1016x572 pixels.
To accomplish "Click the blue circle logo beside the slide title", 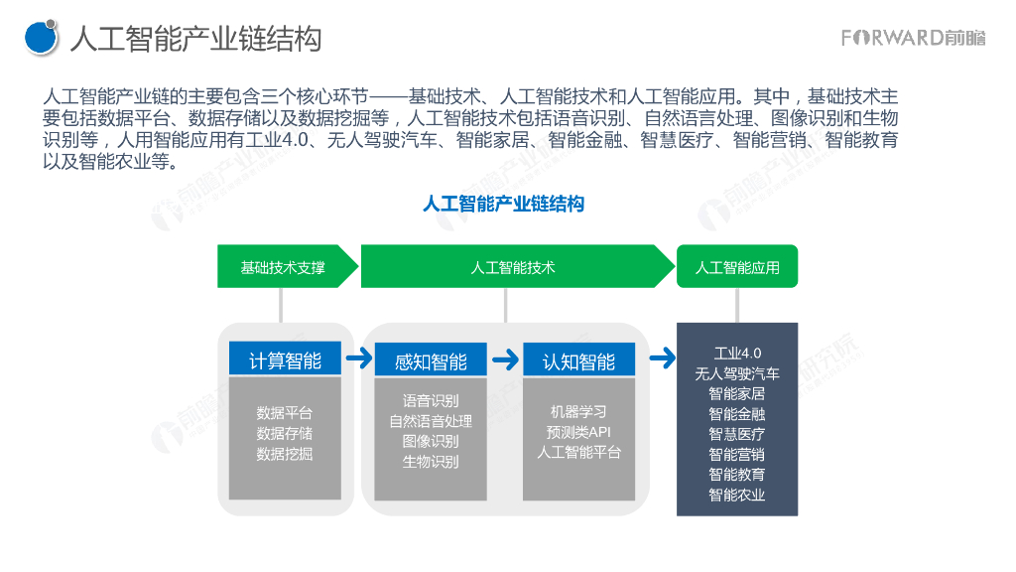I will pyautogui.click(x=41, y=38).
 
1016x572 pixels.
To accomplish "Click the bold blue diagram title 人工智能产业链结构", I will pyautogui.click(x=503, y=205).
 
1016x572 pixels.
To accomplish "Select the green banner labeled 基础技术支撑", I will pyautogui.click(x=283, y=267).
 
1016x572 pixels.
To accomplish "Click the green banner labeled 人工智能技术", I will pyautogui.click(x=513, y=267).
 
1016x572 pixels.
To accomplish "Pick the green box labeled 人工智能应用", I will pyautogui.click(x=737, y=267).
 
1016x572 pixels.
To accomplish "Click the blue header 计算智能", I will pyautogui.click(x=285, y=359).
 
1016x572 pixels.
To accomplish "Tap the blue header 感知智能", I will pyautogui.click(x=431, y=359).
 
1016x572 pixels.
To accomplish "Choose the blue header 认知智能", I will pyautogui.click(x=578, y=359).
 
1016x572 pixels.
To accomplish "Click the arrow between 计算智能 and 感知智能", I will pyautogui.click(x=359, y=357).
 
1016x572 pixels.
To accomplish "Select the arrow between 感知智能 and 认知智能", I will pyautogui.click(x=506, y=357).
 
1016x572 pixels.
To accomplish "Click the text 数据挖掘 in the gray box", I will pyautogui.click(x=285, y=454).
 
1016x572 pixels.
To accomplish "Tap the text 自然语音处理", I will pyautogui.click(x=431, y=421).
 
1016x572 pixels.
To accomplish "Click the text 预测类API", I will pyautogui.click(x=578, y=432).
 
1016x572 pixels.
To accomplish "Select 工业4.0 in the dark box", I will pyautogui.click(x=737, y=353).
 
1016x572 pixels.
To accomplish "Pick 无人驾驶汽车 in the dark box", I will pyautogui.click(x=737, y=373).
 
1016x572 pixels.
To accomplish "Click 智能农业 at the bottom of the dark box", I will pyautogui.click(x=737, y=495).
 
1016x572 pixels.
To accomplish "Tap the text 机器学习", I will pyautogui.click(x=578, y=411).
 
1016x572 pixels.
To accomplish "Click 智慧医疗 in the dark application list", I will pyautogui.click(x=737, y=434).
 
